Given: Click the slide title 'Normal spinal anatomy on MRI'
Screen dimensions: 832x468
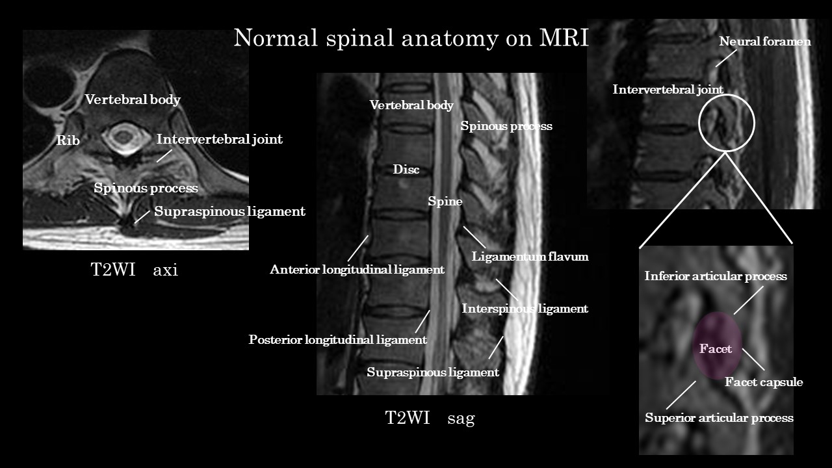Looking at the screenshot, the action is click(411, 38).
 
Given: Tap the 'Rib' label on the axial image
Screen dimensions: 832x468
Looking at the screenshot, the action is click(68, 140).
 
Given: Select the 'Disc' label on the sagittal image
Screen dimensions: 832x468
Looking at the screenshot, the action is click(406, 170).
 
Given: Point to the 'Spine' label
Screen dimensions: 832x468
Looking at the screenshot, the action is click(445, 201).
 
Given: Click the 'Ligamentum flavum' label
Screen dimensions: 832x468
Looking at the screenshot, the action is click(530, 256).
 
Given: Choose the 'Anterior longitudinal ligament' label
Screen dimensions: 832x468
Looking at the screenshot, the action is click(357, 269).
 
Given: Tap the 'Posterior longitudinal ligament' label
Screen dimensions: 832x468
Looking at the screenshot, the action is click(337, 339).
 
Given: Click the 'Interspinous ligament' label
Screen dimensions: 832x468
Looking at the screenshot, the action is click(525, 309).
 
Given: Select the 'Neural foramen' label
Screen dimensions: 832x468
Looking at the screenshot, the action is click(765, 41).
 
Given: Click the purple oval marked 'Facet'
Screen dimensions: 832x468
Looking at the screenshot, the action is click(717, 345).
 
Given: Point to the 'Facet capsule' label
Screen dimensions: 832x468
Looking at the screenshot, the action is click(764, 382).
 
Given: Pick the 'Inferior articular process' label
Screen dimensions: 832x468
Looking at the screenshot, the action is click(716, 276).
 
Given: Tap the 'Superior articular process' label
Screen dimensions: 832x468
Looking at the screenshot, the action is click(719, 418).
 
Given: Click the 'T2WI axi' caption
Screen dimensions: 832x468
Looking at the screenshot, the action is click(135, 269).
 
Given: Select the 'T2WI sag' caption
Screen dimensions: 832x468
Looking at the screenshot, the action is click(430, 418).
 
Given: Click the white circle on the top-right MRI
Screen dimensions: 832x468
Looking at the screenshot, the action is click(699, 123).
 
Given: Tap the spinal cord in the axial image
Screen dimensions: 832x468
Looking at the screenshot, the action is click(122, 136).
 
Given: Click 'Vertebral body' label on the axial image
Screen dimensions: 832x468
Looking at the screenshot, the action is click(133, 99).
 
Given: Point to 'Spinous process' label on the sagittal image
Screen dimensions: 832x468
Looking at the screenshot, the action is click(506, 126).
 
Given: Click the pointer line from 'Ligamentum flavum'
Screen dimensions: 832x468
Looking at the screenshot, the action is click(474, 237).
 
